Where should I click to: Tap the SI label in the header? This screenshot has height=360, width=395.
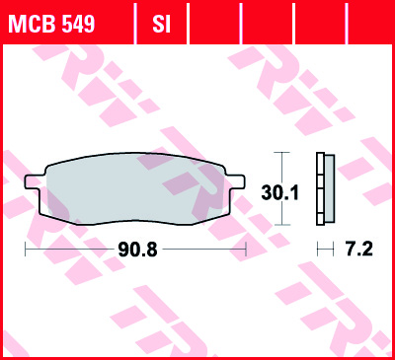point(162,22)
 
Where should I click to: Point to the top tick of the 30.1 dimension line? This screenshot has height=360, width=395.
point(282,154)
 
